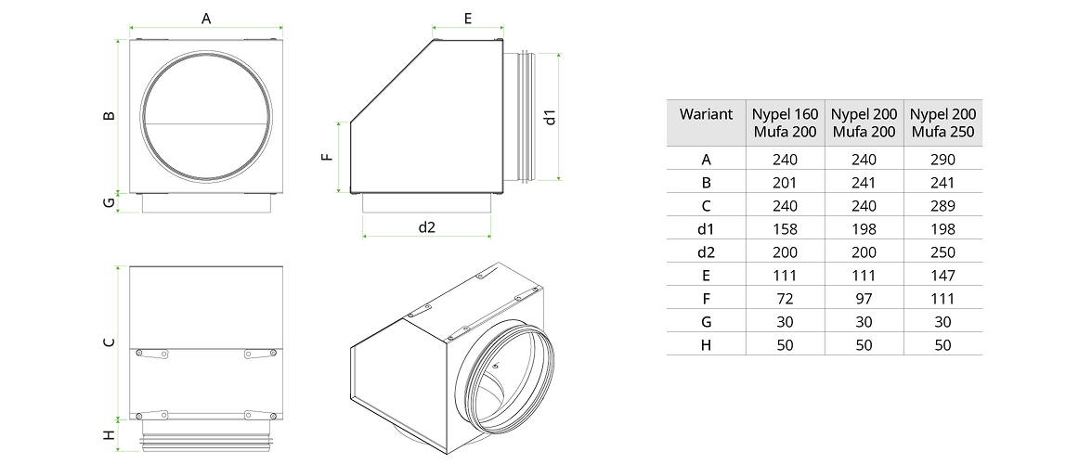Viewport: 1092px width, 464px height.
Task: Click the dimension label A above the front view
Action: [206, 19]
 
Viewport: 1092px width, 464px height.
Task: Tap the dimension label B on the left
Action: [109, 116]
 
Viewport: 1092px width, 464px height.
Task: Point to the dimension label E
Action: [468, 19]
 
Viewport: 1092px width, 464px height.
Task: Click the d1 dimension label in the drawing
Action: [550, 118]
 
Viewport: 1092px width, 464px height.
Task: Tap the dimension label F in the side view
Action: [327, 157]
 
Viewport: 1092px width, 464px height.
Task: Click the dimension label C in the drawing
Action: [109, 342]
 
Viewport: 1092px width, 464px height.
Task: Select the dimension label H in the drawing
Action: [109, 434]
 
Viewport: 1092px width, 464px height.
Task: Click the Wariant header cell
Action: [706, 114]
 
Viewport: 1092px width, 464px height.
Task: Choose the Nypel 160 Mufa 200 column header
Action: [785, 123]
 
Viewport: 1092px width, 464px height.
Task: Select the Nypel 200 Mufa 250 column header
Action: [942, 123]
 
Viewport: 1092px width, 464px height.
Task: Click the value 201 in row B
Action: [785, 183]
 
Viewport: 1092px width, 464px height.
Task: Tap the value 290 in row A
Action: [942, 160]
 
